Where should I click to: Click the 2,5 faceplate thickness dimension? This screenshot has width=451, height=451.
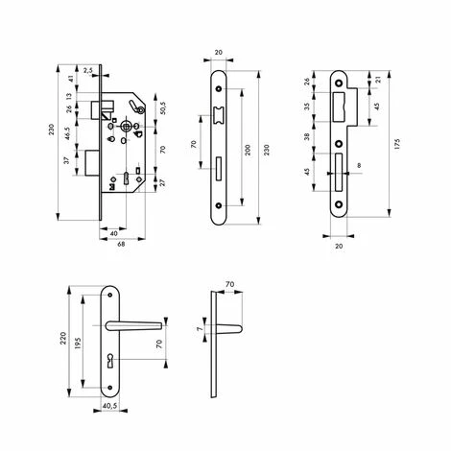point(88,71)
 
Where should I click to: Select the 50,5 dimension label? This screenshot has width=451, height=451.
point(162,108)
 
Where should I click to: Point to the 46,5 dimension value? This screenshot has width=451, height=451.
point(66,133)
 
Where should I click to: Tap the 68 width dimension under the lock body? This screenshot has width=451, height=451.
point(121,244)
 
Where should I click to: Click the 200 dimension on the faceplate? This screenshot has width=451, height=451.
point(248,150)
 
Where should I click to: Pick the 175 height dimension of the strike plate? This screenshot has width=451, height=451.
point(397,144)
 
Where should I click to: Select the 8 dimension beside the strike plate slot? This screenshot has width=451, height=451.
point(359,165)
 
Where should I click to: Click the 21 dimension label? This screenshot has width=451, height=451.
point(377,80)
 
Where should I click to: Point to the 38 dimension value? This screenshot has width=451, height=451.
point(307,137)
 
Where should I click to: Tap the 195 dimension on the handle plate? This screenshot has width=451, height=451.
point(78,343)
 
